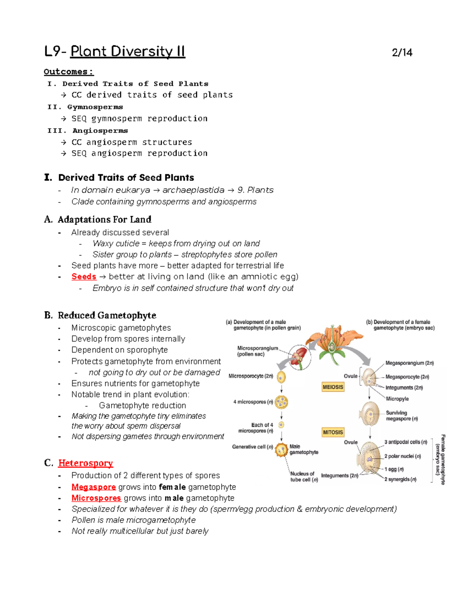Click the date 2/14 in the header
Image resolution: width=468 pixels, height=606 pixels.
(402, 53)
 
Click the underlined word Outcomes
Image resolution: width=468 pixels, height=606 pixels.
(68, 72)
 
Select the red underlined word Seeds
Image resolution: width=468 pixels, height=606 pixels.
(84, 277)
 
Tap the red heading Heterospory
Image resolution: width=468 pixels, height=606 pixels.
(85, 463)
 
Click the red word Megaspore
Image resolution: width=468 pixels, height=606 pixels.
(94, 487)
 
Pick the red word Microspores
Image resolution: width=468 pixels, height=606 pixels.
(96, 498)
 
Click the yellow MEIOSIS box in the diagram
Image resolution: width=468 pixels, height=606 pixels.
(333, 387)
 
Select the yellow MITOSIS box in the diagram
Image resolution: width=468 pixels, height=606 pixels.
(333, 432)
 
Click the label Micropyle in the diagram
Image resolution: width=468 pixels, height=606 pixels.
(397, 399)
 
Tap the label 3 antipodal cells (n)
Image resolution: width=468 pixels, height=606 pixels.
(406, 442)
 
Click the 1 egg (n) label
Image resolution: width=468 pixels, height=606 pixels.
(394, 469)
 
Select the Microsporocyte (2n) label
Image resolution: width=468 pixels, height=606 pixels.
(251, 376)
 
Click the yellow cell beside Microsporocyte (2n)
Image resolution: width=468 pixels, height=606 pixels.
(281, 377)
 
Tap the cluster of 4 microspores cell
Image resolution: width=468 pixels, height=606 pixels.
(281, 402)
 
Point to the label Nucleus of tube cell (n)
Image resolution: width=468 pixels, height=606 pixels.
(303, 476)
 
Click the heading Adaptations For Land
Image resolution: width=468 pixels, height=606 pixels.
(105, 220)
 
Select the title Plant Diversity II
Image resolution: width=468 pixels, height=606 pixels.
(128, 52)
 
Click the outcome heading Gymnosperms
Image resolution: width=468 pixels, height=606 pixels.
(95, 107)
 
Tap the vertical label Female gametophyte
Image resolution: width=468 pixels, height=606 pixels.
(443, 459)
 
